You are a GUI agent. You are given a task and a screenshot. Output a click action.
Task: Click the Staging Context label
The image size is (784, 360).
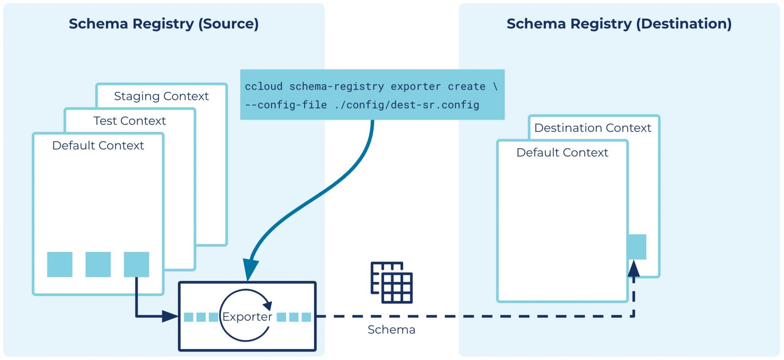pos(161,96)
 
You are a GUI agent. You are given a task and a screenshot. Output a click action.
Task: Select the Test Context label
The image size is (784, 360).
pos(129,121)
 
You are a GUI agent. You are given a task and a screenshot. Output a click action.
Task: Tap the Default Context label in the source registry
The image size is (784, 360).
pos(98,146)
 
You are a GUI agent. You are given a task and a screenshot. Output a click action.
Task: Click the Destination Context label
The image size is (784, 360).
pos(593,128)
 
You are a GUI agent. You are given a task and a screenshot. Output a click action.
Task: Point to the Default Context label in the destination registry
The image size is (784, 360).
pos(562,153)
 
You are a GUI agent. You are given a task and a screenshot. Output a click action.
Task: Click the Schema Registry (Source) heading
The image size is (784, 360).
pos(164,24)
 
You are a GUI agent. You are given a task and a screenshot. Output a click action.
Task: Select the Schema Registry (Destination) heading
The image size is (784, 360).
pos(619,24)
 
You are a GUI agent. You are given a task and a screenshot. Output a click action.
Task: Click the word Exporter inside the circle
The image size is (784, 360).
pos(247,317)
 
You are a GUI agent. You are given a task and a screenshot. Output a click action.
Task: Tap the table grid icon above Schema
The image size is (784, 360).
pos(392,283)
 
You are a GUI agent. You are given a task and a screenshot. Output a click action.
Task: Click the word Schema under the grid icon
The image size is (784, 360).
pos(391,330)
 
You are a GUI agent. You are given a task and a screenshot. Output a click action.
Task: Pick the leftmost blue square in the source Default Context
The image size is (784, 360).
pos(60,264)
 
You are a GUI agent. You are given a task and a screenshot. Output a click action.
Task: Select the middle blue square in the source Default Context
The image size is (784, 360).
pos(98,264)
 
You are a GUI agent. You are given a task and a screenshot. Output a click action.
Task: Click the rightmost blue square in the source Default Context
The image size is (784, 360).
pos(136,264)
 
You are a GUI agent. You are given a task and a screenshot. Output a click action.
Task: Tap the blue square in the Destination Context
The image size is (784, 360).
pos(637,247)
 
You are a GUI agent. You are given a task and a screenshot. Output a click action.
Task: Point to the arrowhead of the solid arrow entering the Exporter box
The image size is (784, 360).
pos(170,316)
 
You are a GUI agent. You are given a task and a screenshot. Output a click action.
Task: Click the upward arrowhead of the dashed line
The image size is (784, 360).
pos(634,268)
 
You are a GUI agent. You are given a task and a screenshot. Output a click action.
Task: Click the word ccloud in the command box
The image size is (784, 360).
pos(263,87)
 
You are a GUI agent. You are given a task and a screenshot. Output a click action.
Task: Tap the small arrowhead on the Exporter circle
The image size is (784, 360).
pos(268,305)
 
